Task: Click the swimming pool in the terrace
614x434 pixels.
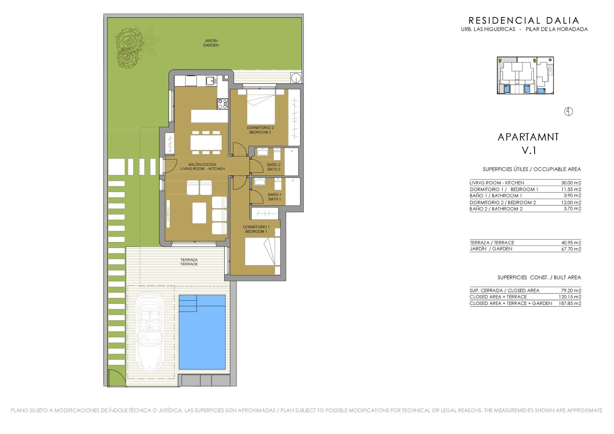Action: (x=202, y=332)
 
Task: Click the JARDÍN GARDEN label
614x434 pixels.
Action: (x=211, y=43)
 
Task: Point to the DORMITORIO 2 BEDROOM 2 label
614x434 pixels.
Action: (x=260, y=130)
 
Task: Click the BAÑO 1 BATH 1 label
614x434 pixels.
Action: (x=275, y=197)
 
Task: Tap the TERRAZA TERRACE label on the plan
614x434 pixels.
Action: (x=189, y=262)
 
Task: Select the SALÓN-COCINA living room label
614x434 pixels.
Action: (x=202, y=166)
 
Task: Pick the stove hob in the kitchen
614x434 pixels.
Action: (x=223, y=104)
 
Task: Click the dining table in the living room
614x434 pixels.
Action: (x=206, y=142)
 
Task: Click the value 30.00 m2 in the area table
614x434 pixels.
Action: (x=571, y=183)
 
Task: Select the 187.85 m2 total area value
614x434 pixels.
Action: (x=570, y=303)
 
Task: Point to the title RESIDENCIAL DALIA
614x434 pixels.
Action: (x=524, y=20)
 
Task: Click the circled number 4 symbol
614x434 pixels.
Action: (x=569, y=111)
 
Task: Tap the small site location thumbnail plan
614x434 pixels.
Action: (x=525, y=76)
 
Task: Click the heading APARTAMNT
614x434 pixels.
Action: (x=528, y=137)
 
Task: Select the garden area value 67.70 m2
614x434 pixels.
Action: (x=571, y=249)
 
